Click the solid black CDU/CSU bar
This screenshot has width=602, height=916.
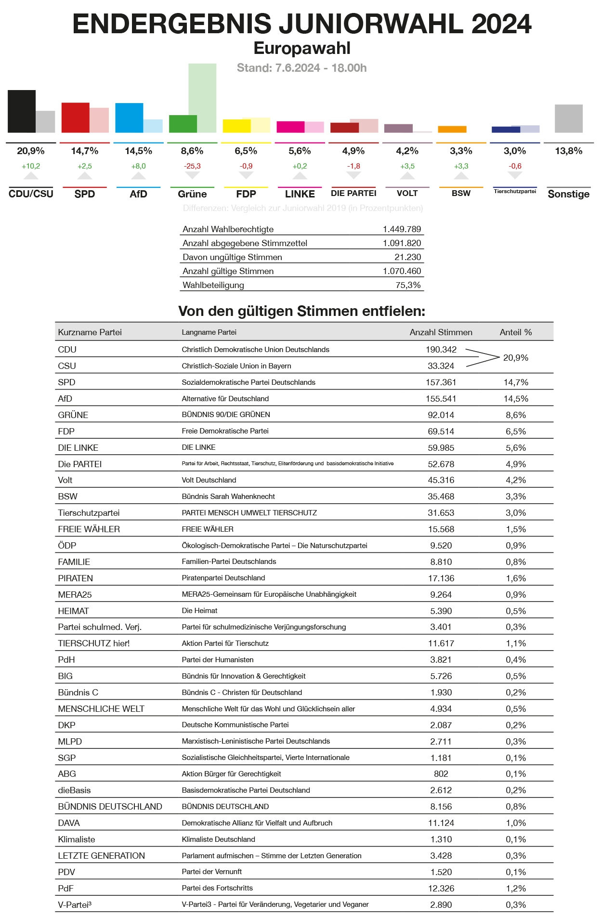[x=21, y=111]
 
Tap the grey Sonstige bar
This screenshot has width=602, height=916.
[x=568, y=118]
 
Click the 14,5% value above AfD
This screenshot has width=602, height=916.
[x=138, y=151]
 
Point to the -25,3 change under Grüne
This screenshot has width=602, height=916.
[x=192, y=166]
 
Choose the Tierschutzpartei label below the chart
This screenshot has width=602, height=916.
[x=515, y=192]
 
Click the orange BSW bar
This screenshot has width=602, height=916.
[x=452, y=129]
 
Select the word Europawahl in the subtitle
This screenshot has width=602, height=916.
[x=302, y=48]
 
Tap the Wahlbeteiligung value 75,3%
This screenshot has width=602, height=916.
[x=408, y=285]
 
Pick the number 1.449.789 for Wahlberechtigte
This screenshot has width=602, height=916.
[x=402, y=229]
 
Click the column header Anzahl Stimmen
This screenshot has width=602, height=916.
[x=441, y=332]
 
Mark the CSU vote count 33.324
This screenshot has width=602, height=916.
[x=441, y=366]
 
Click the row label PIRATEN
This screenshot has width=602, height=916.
[x=76, y=578]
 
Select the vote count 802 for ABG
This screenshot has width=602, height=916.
[x=441, y=774]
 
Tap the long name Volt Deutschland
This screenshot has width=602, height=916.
[x=209, y=480]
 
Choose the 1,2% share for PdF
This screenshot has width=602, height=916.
[x=515, y=889]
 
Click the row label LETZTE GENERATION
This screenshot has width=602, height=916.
[x=101, y=856]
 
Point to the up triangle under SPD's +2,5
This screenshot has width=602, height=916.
[x=84, y=176]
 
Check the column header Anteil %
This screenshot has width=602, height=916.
[x=515, y=332]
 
